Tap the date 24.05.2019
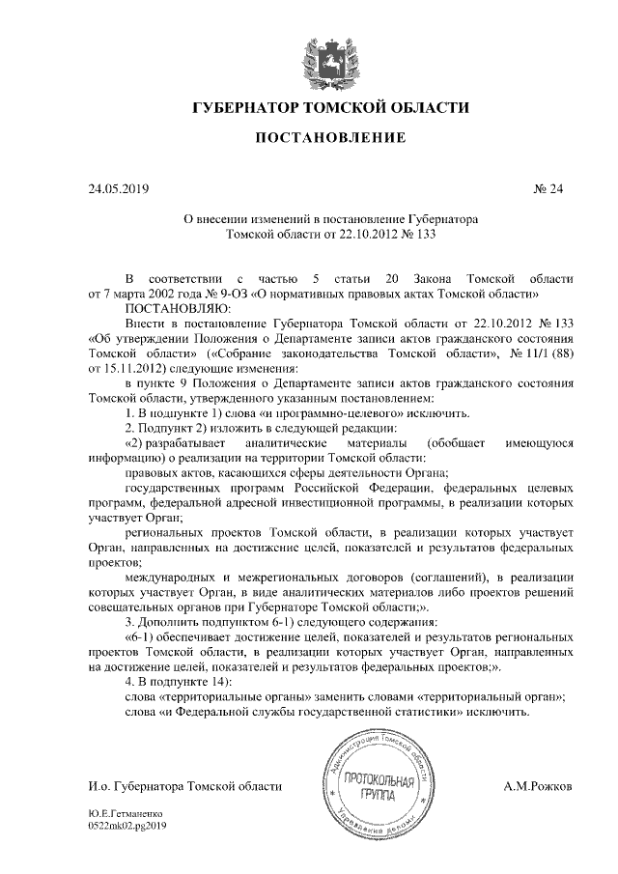click(x=119, y=188)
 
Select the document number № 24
click(x=548, y=188)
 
